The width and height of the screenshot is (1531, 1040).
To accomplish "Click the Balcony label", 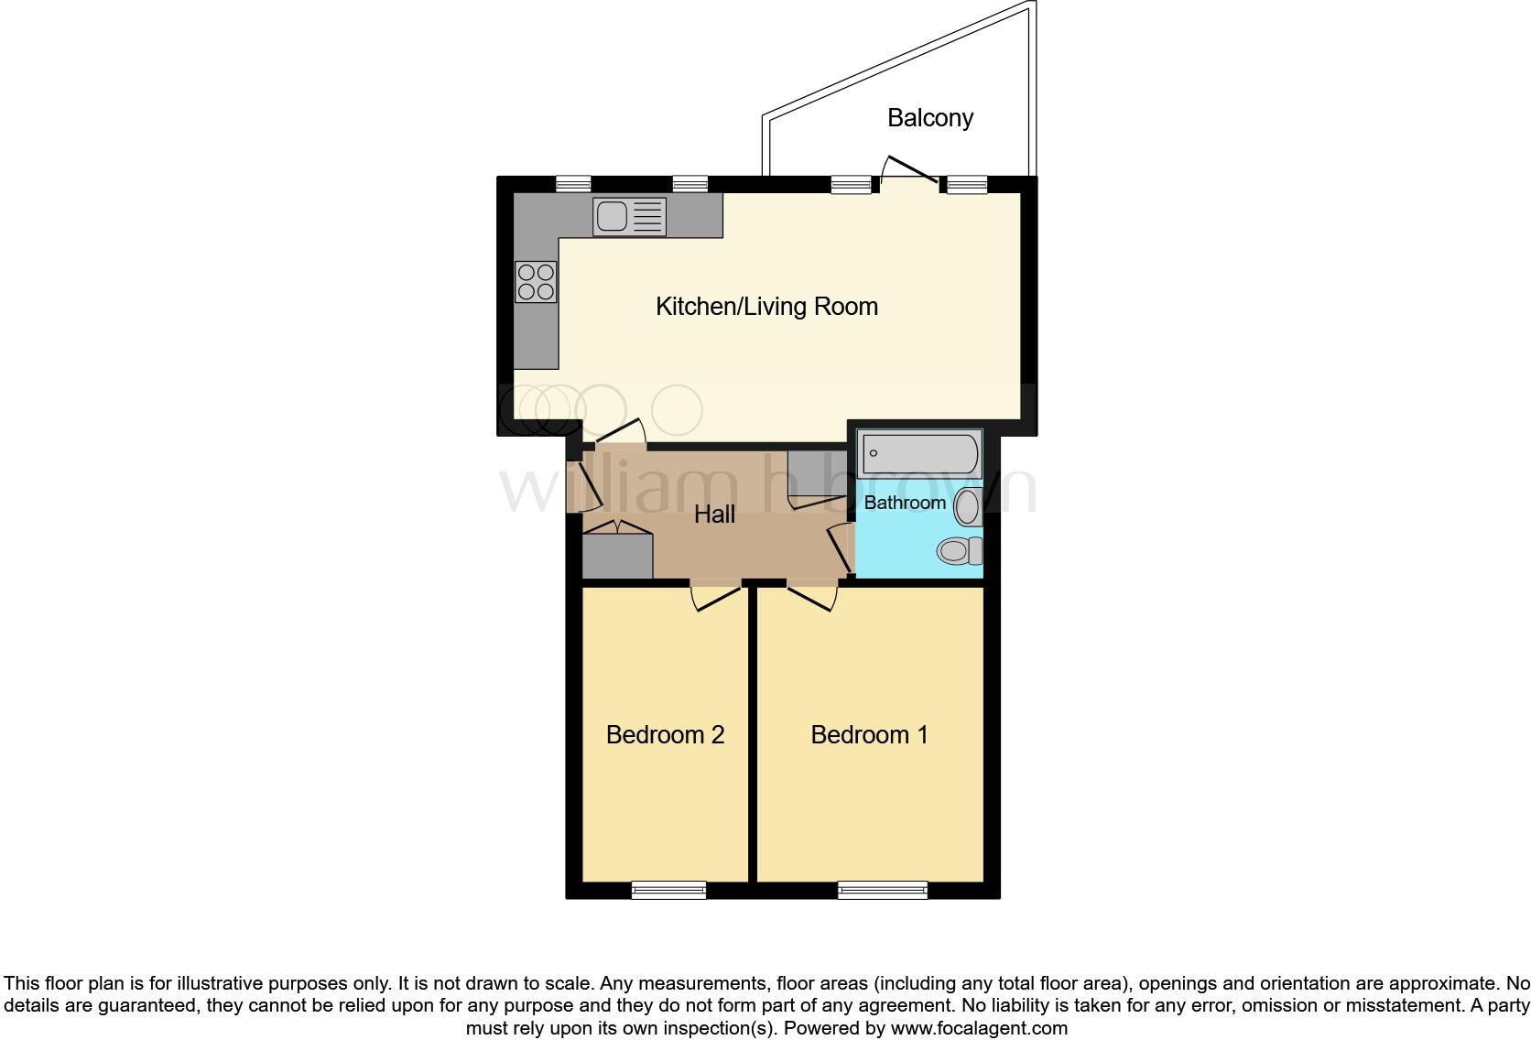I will (929, 118).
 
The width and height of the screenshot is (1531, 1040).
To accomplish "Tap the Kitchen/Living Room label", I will (766, 307).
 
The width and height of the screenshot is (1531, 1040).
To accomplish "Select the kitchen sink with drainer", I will (629, 217).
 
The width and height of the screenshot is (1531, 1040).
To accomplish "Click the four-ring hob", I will (536, 281).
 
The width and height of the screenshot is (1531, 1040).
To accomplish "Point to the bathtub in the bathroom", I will (920, 454).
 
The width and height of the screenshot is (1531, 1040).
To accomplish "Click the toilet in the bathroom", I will (958, 550).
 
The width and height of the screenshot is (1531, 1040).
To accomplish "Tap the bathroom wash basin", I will (968, 506).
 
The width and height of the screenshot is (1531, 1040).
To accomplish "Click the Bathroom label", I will (905, 503).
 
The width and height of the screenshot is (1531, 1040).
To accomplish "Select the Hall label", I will (714, 515).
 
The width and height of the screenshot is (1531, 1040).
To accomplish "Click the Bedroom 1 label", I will (869, 735).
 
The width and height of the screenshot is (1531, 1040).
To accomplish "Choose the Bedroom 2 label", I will (665, 735).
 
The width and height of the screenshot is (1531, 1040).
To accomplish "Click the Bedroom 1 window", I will (883, 889).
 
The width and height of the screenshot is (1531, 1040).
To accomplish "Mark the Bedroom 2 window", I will (669, 889).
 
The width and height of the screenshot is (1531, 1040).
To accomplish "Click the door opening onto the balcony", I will (908, 171).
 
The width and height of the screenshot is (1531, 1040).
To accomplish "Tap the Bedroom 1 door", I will (811, 596).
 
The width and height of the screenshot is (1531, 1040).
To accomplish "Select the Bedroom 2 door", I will (715, 596).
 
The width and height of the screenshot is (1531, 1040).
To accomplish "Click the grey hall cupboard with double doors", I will (617, 552).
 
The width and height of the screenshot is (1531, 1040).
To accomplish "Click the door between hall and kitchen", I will (618, 433).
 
